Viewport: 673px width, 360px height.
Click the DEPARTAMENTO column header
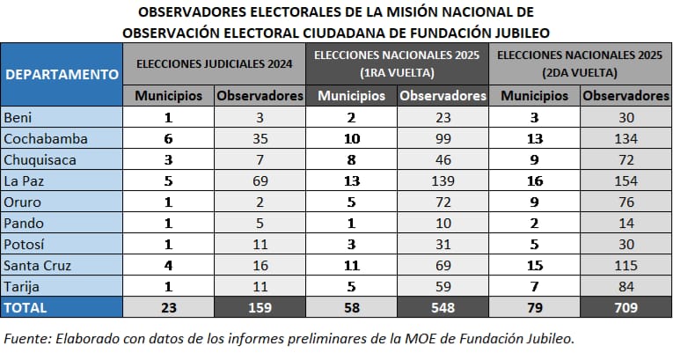(x=62, y=74)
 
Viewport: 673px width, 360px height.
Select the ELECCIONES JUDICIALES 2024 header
(x=216, y=64)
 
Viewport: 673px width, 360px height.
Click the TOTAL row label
(x=27, y=307)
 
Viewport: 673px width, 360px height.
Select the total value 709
(x=625, y=307)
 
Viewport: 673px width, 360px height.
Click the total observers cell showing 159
(x=260, y=307)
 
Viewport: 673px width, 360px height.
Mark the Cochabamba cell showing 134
(x=625, y=138)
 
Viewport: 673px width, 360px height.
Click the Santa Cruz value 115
(x=625, y=265)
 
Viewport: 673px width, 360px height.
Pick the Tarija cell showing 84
(x=625, y=286)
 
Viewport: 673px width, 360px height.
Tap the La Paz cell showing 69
(x=260, y=180)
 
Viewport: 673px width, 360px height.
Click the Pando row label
(x=25, y=223)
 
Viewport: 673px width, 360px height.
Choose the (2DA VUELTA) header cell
(x=581, y=72)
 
